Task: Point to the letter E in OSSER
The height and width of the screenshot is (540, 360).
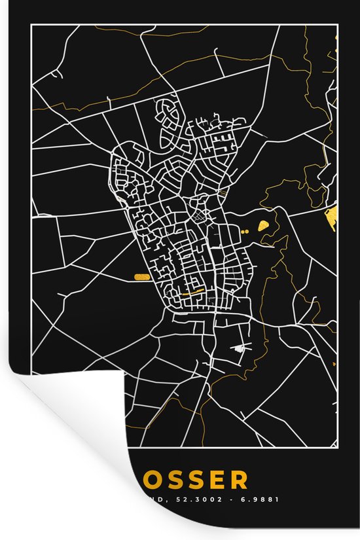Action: point(217,480)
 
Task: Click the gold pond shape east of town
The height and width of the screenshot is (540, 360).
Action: point(264,225)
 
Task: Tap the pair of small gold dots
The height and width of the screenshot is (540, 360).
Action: point(245,231)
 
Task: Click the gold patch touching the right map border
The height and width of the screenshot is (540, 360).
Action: point(331,221)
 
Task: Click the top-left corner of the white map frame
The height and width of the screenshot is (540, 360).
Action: point(31,25)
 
